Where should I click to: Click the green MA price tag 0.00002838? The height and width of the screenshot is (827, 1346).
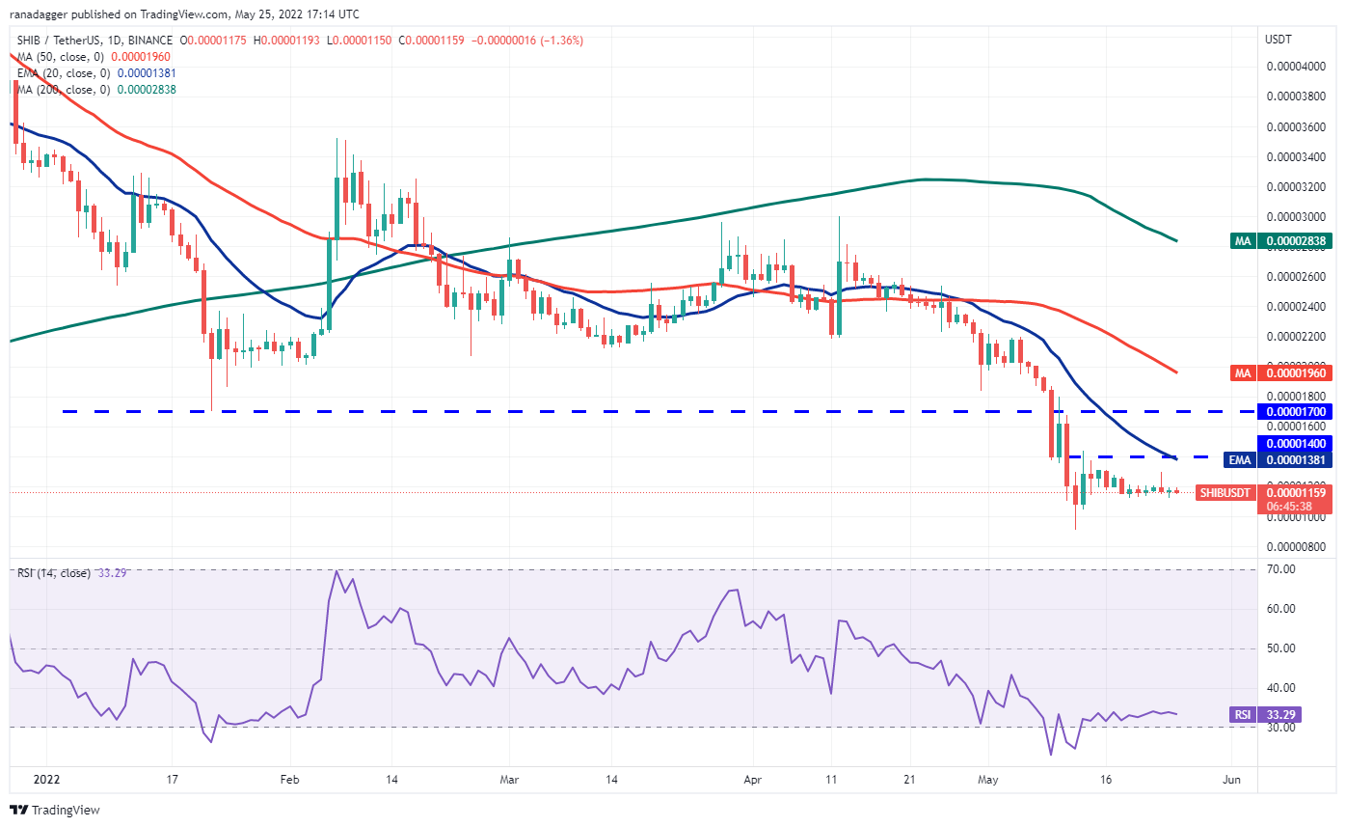[1294, 240]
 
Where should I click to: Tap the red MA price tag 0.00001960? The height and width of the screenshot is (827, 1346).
[1294, 372]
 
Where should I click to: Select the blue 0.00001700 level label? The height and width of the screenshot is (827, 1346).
[1294, 412]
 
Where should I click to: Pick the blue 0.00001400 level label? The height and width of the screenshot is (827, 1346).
[1294, 442]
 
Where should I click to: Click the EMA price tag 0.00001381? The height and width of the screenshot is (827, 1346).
[1294, 459]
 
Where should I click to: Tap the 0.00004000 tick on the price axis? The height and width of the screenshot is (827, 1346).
[1294, 67]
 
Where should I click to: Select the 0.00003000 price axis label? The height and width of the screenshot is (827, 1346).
[1294, 217]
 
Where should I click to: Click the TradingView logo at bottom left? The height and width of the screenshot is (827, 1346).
[55, 810]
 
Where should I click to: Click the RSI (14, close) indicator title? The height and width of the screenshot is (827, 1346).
[54, 573]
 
